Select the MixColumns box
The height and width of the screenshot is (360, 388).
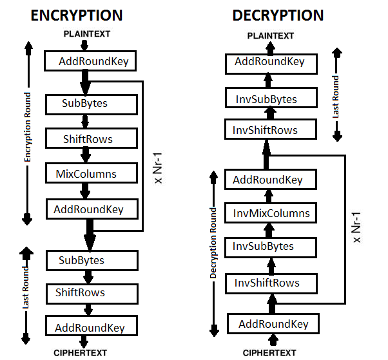pyautogui.click(x=90, y=174)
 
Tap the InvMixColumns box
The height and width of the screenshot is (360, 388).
pyautogui.click(x=271, y=213)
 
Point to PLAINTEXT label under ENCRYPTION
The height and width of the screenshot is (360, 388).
pyautogui.click(x=86, y=33)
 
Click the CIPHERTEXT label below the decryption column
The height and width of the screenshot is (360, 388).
pyautogui.click(x=269, y=352)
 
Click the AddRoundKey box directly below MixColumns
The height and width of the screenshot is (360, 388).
pyautogui.click(x=88, y=209)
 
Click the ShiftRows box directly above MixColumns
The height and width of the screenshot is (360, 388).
pyautogui.click(x=88, y=138)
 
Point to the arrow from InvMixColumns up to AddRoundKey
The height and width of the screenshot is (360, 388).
pyautogui.click(x=271, y=196)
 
